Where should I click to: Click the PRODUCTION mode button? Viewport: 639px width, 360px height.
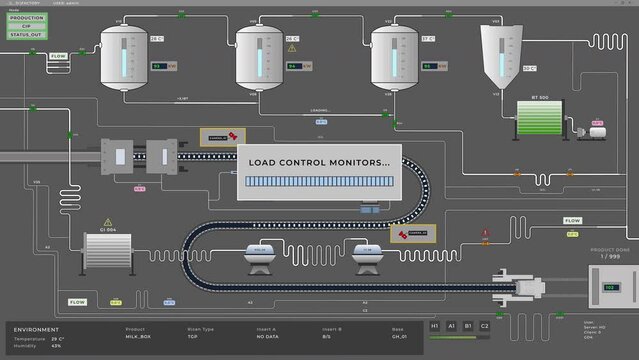(27, 18)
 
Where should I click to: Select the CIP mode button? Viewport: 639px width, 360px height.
(27, 26)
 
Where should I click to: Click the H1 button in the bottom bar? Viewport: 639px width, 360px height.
(434, 326)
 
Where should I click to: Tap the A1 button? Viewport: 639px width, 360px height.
(451, 326)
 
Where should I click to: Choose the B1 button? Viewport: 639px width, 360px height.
(467, 326)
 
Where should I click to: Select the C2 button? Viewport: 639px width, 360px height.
(484, 326)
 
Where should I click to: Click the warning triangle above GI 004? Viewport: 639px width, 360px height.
(106, 223)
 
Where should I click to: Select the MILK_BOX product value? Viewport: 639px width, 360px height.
(139, 338)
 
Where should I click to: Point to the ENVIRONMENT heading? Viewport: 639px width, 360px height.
(36, 328)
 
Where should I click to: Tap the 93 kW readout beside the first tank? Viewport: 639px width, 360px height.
(159, 67)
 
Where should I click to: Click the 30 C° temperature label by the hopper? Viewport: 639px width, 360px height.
(529, 68)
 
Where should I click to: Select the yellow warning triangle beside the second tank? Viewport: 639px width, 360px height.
(292, 47)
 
